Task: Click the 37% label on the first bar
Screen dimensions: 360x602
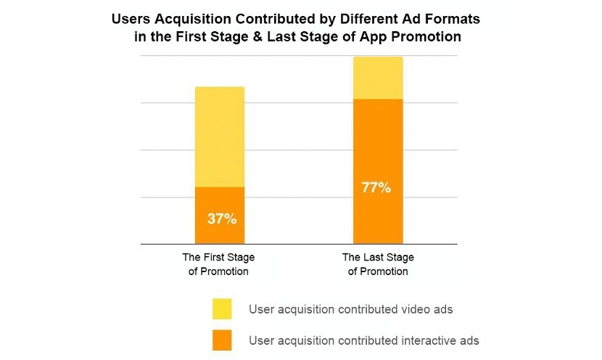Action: (x=220, y=218)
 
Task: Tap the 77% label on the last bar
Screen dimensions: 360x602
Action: (x=376, y=188)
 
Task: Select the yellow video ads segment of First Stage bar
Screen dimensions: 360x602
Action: (x=220, y=136)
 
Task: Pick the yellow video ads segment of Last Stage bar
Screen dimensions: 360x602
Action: (x=378, y=78)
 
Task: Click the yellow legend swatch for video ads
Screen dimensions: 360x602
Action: (x=221, y=308)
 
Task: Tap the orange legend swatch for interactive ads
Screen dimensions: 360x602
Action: (x=221, y=339)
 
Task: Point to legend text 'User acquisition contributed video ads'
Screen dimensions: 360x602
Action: (x=350, y=309)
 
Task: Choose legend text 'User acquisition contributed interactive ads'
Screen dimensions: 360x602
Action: (x=363, y=340)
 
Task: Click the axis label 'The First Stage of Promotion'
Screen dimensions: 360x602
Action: (x=218, y=264)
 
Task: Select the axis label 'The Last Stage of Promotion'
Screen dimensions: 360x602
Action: (x=377, y=264)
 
